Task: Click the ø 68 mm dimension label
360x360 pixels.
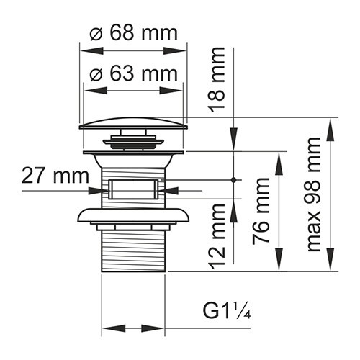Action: tap(133, 33)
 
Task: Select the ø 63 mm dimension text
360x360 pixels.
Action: tap(133, 73)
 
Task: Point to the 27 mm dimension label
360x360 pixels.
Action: tap(55, 175)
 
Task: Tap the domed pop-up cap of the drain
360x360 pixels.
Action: tap(133, 123)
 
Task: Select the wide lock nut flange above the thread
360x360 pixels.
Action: tap(133, 217)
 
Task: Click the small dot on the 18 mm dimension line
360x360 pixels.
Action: tap(234, 179)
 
